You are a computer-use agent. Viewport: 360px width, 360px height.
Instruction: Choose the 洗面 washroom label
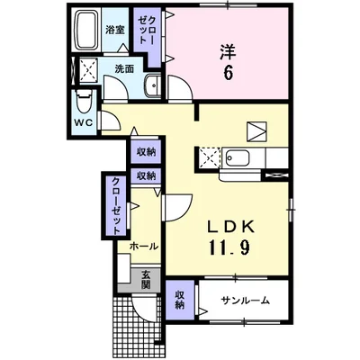(x=124, y=68)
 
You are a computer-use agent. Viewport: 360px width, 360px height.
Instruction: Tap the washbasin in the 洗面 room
(x=150, y=86)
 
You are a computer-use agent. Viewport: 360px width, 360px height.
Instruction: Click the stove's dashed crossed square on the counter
(x=210, y=158)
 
